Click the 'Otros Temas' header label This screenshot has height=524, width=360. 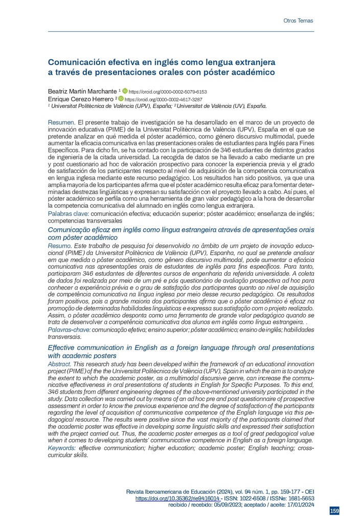pos(298,21)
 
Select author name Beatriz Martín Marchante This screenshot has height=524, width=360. pos(82,91)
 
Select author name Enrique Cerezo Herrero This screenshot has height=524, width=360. pos(80,99)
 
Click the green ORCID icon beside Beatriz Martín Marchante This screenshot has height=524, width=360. pos(125,91)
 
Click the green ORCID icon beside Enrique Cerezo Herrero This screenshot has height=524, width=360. pos(121,99)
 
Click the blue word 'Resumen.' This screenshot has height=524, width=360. pos(61,123)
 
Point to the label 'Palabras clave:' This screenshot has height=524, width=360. pos(69,212)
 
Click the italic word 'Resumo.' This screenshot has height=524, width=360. pos(60,247)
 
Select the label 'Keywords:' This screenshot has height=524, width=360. pos(62,448)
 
